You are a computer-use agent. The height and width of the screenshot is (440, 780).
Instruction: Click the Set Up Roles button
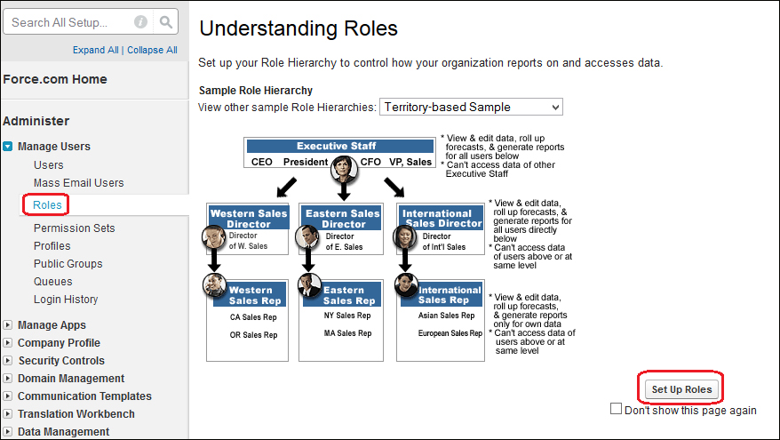(681, 389)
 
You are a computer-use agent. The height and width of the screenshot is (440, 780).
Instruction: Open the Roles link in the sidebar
(47, 205)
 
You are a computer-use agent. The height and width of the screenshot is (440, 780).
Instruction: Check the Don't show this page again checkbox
(616, 409)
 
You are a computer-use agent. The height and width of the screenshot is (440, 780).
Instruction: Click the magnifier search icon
(165, 22)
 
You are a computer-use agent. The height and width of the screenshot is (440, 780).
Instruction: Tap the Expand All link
(96, 50)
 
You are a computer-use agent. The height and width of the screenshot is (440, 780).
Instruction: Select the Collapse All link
(152, 50)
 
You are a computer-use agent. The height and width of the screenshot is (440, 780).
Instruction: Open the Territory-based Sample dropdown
(471, 107)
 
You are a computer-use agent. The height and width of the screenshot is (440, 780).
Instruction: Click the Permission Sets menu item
(74, 228)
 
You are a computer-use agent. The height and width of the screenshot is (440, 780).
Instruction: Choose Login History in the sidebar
(66, 300)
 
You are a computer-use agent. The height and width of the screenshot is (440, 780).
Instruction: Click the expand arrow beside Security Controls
(7, 360)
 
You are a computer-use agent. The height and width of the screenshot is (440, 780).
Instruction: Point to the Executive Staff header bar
(340, 146)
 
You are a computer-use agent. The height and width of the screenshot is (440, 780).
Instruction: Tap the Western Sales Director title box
(249, 219)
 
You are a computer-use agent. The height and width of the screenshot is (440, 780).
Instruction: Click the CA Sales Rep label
(253, 317)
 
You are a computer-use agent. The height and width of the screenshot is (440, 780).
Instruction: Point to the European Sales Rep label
(450, 333)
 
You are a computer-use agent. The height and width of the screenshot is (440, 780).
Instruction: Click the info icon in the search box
(140, 22)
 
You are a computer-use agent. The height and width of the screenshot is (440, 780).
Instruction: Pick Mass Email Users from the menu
(78, 183)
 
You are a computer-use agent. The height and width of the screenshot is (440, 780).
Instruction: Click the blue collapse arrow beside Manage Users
(7, 147)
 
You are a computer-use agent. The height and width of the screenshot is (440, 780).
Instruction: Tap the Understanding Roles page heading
(298, 28)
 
